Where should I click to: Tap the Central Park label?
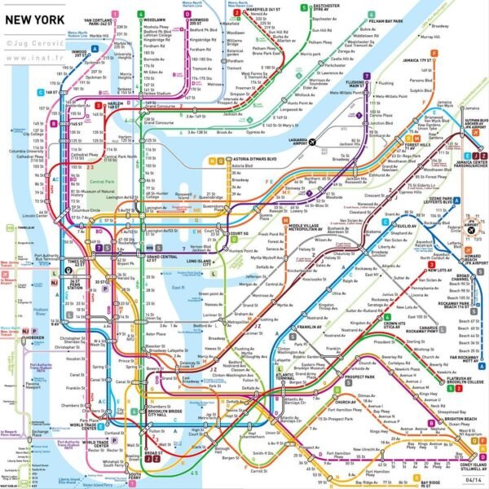pos(102,182)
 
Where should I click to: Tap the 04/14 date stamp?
pos(469,480)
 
